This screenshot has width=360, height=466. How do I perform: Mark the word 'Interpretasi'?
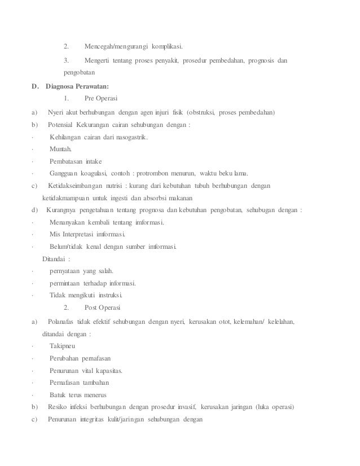[x=86, y=235]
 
